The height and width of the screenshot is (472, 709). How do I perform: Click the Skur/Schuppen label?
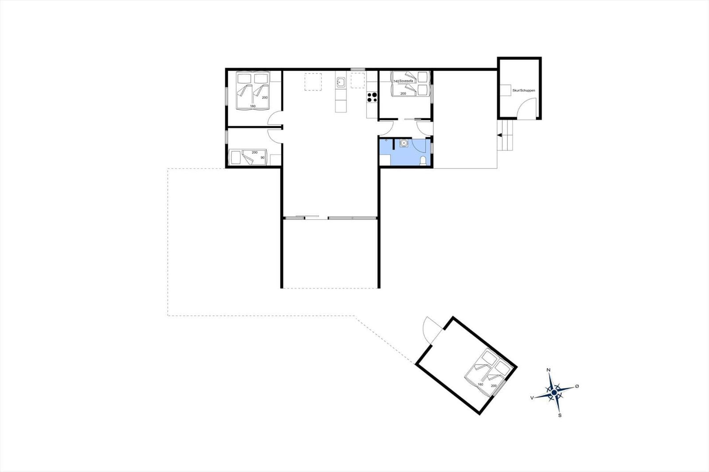[523, 90]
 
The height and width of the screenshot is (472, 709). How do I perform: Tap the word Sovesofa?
[406, 81]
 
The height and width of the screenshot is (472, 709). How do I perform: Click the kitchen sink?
[341, 82]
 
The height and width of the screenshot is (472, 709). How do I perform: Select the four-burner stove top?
[372, 97]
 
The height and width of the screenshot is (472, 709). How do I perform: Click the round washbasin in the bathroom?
[404, 143]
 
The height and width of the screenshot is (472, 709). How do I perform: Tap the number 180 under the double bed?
[253, 106]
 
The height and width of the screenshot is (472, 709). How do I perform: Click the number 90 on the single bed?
[262, 158]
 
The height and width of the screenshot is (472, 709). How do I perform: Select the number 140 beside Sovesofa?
[396, 81]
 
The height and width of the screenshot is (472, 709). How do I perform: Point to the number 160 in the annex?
[480, 384]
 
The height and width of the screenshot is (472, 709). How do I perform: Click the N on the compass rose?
[549, 370]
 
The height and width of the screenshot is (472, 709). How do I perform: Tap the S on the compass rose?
[560, 415]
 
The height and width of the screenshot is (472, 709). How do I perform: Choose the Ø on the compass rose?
[577, 386]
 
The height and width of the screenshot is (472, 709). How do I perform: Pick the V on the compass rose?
[532, 398]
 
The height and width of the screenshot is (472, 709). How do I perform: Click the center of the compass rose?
[554, 392]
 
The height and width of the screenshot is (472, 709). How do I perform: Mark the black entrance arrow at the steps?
[499, 135]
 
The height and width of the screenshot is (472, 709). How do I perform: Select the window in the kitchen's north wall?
[358, 69]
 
